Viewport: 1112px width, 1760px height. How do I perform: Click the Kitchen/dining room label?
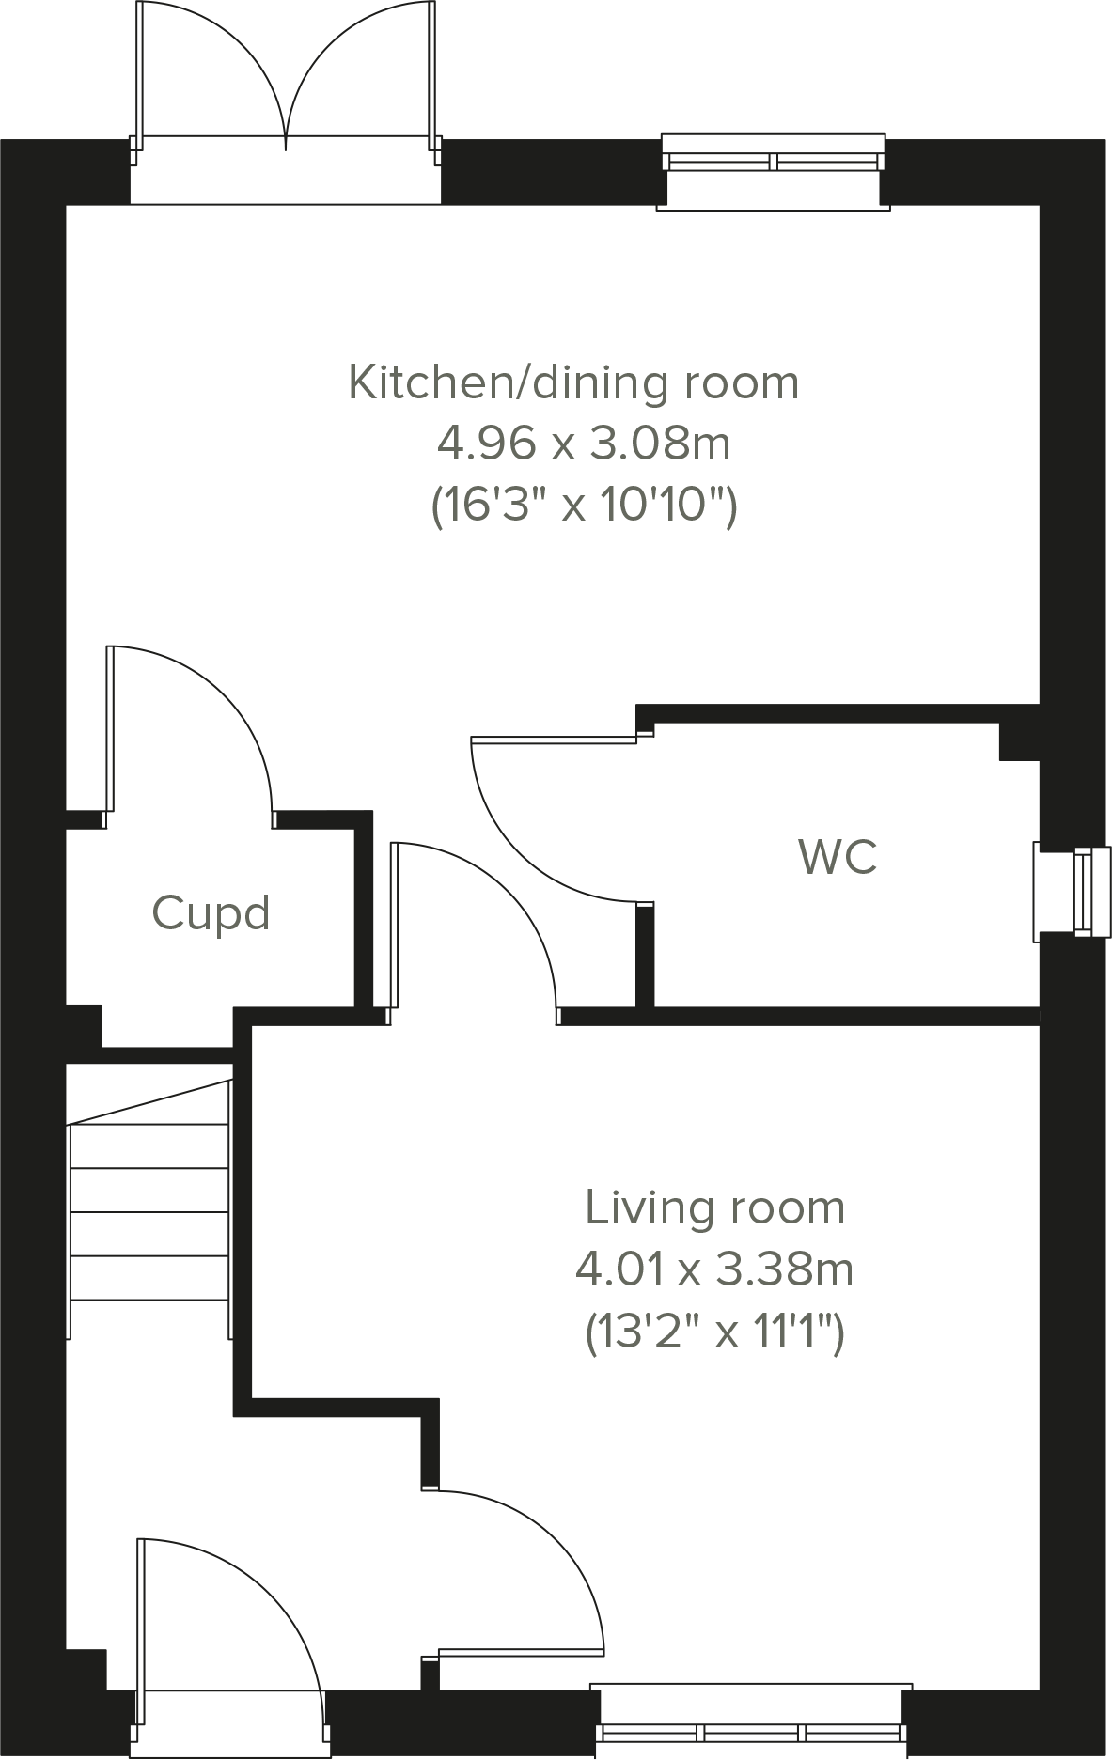pyautogui.click(x=573, y=383)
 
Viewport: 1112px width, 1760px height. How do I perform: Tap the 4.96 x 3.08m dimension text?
pyautogui.click(x=584, y=444)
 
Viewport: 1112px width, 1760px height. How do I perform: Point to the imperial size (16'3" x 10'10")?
pyautogui.click(x=584, y=506)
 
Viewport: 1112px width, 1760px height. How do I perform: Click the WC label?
pyautogui.click(x=838, y=857)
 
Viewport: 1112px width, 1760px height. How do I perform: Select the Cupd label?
pyautogui.click(x=211, y=913)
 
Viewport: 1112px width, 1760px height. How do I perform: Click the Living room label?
pyautogui.click(x=714, y=1208)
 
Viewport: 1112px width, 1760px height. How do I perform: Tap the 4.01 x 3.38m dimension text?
pyautogui.click(x=714, y=1270)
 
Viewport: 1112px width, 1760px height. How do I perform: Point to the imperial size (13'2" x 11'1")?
pyautogui.click(x=714, y=1332)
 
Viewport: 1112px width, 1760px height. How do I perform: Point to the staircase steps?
pyautogui.click(x=150, y=1212)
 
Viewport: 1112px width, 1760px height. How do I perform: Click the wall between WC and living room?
pyautogui.click(x=846, y=1016)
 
